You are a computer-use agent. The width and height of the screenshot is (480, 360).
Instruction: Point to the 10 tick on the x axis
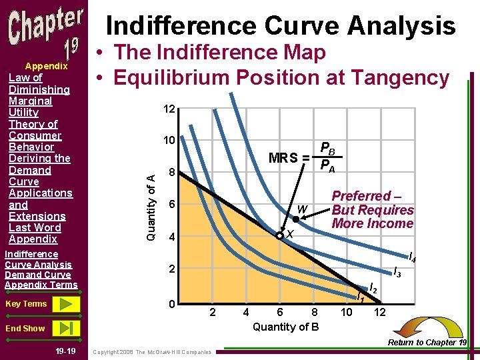(x=347, y=312)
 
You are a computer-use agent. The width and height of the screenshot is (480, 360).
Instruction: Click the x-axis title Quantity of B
(x=285, y=327)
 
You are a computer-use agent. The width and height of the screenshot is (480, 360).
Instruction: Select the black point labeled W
(x=296, y=219)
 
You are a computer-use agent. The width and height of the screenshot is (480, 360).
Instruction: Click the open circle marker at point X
(x=281, y=235)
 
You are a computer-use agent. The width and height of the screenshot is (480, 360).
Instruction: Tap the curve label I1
(x=360, y=297)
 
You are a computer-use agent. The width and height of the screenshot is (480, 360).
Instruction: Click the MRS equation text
(x=305, y=157)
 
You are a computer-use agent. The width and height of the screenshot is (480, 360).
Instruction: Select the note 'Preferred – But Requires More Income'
(x=372, y=210)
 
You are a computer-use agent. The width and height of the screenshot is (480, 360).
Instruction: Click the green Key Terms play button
(x=66, y=304)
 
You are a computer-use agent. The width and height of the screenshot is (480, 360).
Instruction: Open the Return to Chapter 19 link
(x=427, y=343)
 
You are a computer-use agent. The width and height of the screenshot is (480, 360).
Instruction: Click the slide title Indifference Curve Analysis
(x=281, y=25)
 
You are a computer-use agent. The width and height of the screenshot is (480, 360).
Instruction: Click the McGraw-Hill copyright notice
(x=153, y=352)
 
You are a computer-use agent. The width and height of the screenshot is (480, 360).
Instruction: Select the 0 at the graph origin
(x=171, y=305)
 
